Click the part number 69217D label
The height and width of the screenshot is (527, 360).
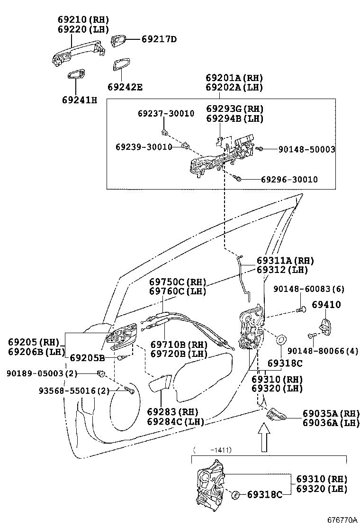point(159,39)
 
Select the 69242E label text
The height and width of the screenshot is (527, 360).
point(125,87)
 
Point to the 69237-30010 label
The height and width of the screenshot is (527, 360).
point(166,114)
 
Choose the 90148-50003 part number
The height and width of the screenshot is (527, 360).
point(306,149)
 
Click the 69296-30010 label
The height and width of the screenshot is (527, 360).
point(289,180)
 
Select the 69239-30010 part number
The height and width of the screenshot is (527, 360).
point(144,147)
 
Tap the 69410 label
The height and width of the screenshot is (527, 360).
point(326,305)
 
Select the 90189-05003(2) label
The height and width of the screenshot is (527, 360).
point(42,373)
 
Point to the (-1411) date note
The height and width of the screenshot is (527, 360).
point(212,450)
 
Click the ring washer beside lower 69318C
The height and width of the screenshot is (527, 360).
point(234,495)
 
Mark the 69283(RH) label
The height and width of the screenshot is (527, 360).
point(172,412)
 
